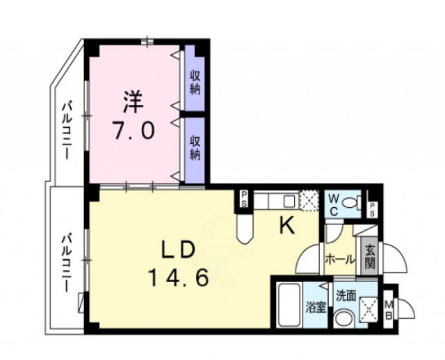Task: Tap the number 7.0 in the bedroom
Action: [133, 130]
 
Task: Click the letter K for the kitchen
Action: [287, 224]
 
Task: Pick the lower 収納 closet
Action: [195, 147]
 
